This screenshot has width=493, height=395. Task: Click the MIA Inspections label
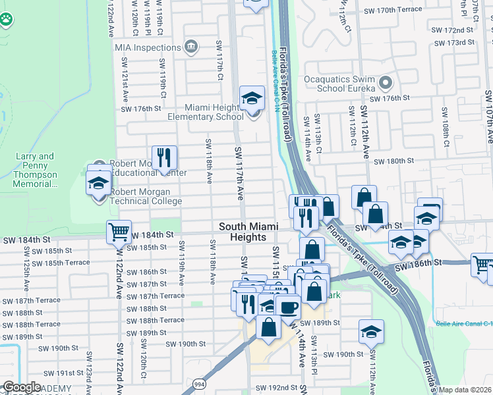147,47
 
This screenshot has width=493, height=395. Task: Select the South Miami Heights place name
248,231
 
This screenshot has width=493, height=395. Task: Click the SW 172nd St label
454,30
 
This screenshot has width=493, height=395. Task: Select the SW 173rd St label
455,43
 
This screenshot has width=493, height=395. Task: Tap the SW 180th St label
393,161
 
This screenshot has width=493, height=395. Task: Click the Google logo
22,387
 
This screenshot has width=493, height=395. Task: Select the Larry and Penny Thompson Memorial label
36,170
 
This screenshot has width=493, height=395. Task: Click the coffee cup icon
287,306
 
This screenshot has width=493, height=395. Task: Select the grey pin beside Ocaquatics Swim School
386,84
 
